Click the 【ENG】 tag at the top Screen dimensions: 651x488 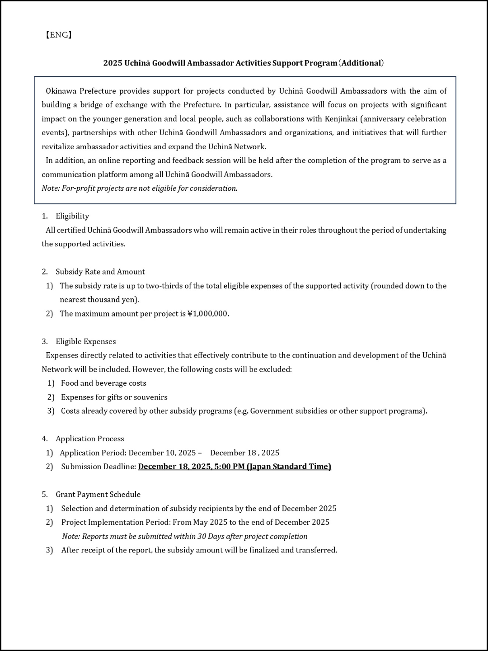[58, 35]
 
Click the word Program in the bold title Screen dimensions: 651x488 [321, 63]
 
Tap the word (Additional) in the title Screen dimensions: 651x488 [361, 63]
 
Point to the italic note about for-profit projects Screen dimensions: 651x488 [140, 188]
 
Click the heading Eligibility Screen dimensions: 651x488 [72, 216]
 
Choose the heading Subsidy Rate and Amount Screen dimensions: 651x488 [100, 272]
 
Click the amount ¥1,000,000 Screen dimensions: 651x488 [208, 314]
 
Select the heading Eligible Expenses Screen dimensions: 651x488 [86, 341]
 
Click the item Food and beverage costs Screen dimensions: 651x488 [103, 383]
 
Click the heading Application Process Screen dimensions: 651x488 [90, 439]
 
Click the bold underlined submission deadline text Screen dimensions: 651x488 [235, 467]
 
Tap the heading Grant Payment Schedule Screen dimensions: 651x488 [98, 494]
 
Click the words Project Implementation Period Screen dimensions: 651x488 [116, 522]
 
